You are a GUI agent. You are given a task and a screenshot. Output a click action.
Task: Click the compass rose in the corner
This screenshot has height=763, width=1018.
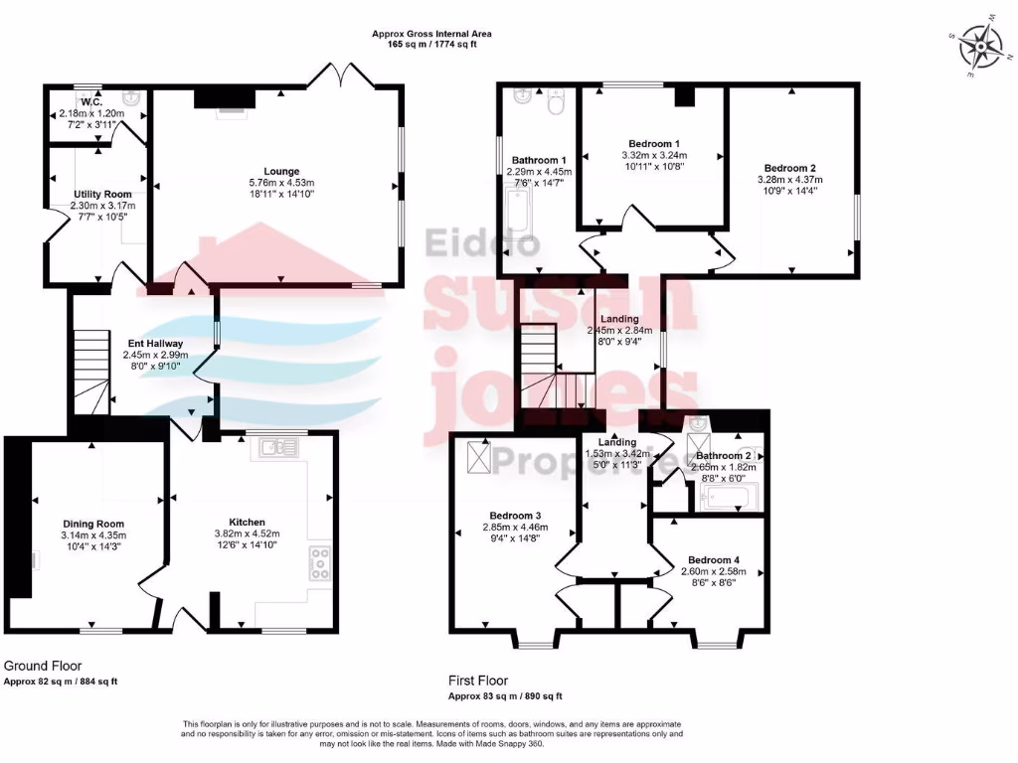983,45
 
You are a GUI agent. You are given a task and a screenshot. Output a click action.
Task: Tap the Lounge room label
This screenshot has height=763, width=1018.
281,171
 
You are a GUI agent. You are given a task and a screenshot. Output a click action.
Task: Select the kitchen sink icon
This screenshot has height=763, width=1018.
275,448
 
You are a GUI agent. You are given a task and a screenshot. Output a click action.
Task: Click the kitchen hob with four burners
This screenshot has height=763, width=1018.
321,563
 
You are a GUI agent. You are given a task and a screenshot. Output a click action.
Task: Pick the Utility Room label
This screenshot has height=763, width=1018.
102,194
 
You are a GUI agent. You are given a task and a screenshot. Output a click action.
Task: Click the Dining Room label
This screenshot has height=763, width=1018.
93,524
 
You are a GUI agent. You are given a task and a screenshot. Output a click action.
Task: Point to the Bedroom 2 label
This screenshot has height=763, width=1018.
790,167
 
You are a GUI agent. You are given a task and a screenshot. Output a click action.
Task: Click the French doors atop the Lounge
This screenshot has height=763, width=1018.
337,74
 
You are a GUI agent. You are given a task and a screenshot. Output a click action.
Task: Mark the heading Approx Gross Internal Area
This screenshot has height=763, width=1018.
431,34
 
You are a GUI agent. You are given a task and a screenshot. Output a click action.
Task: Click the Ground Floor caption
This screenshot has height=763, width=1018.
43,666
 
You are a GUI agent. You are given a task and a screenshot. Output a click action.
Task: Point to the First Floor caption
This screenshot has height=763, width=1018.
478,681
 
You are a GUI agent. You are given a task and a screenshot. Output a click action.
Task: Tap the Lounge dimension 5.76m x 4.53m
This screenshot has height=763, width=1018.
281,183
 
